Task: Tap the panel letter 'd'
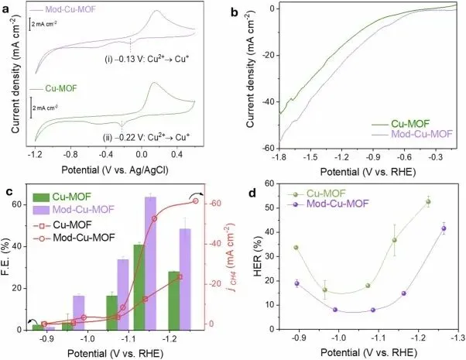pos(248,183)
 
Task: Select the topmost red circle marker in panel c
pos(195,201)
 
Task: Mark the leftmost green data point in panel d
pos(296,248)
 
